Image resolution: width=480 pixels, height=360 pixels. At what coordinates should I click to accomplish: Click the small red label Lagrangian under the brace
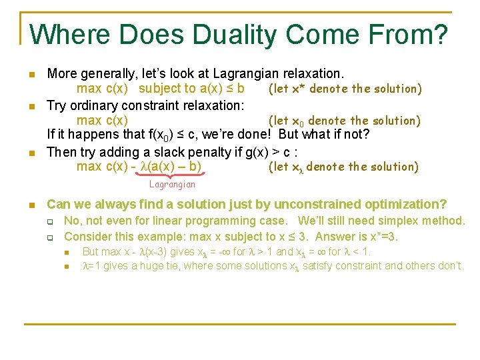172,184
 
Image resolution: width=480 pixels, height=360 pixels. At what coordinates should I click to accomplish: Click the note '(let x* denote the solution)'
345,89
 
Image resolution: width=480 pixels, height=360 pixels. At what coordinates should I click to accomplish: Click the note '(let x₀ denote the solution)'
344,121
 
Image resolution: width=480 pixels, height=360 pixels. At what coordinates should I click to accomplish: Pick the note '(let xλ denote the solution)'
343,167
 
